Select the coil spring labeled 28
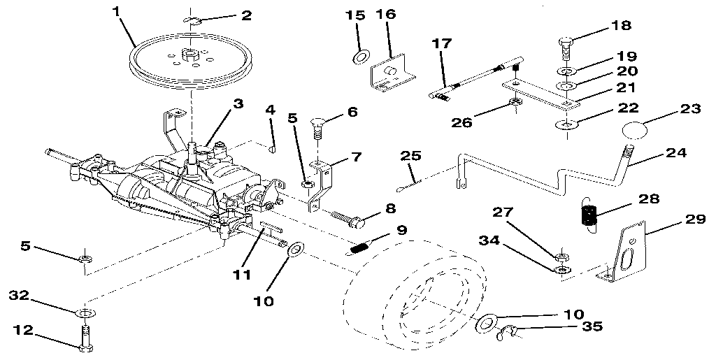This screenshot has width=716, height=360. click(589, 212)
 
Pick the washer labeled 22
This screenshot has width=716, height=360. click(564, 125)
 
